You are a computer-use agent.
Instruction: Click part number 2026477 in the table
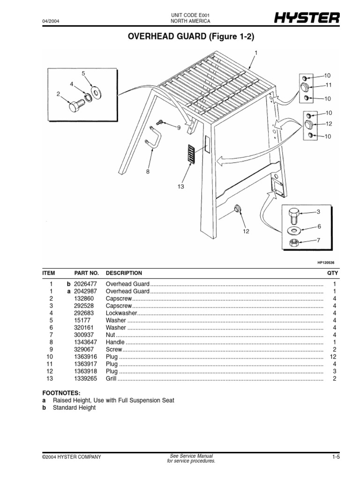tap(86, 285)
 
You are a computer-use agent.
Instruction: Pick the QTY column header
tap(332, 273)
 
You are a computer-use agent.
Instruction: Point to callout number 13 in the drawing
tap(181, 187)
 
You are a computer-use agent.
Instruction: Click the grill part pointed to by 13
tap(190, 154)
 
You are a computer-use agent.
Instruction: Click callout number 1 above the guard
tap(256, 52)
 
